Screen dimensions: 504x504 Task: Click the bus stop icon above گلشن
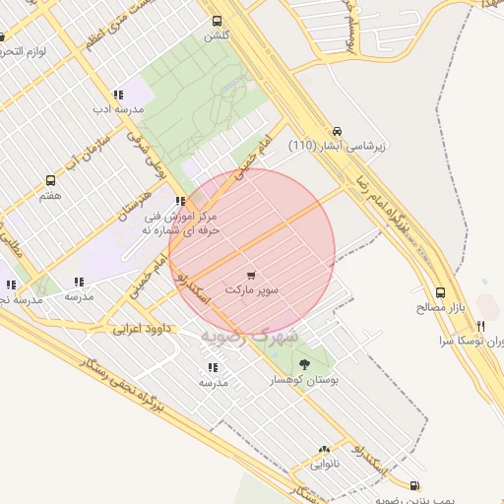(x=217, y=21)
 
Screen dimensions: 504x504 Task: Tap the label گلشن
(x=216, y=35)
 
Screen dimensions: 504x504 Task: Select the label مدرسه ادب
(x=118, y=109)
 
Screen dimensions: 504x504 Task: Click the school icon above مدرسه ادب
(x=118, y=94)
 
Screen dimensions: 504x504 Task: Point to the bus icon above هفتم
(x=50, y=181)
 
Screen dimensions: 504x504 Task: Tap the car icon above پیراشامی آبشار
(x=338, y=130)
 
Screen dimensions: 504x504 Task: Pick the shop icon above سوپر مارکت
(x=252, y=276)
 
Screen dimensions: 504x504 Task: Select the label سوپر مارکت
(x=252, y=291)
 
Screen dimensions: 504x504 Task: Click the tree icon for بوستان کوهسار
(x=302, y=363)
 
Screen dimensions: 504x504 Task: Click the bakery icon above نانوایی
(x=324, y=449)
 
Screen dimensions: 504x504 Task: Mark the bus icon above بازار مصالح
(x=440, y=292)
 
